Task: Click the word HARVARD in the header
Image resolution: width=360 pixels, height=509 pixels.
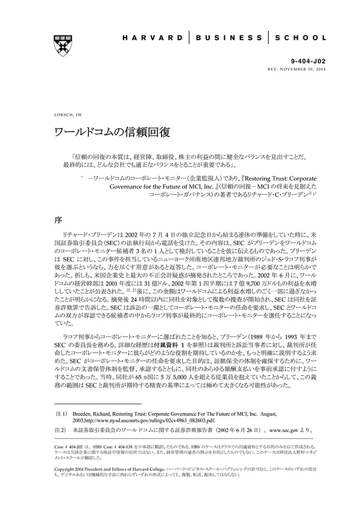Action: coord(152,38)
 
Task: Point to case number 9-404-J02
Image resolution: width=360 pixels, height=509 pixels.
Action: coord(308,61)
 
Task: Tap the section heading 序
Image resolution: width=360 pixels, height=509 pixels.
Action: coord(59,220)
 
